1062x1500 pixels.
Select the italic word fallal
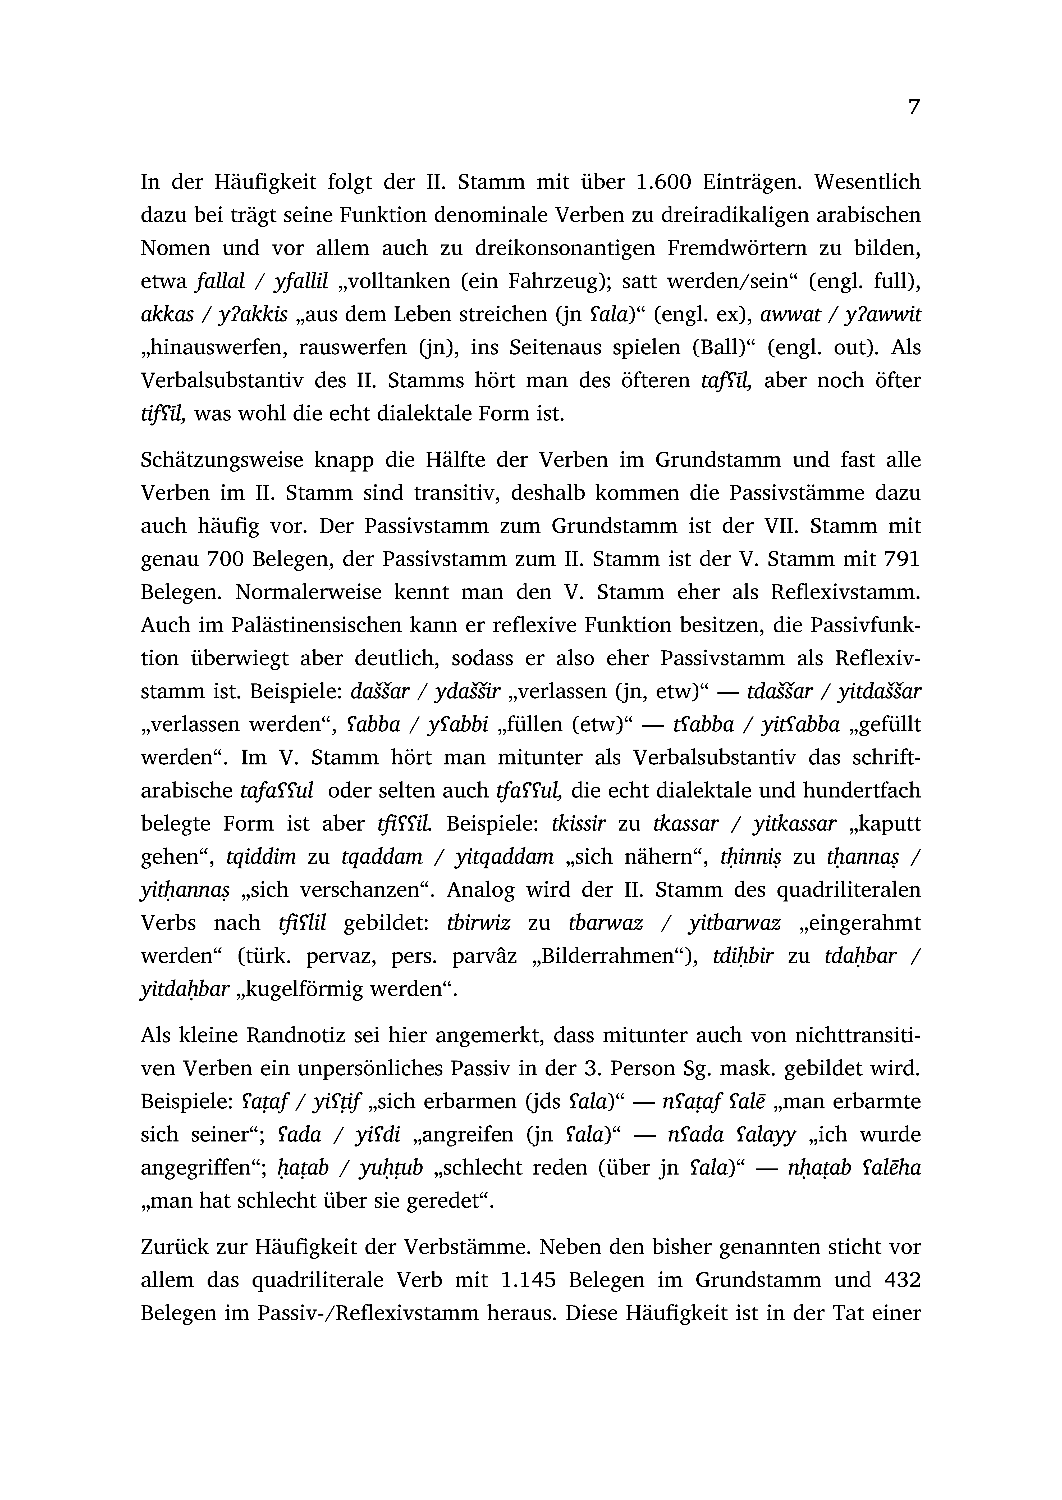coord(220,281)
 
